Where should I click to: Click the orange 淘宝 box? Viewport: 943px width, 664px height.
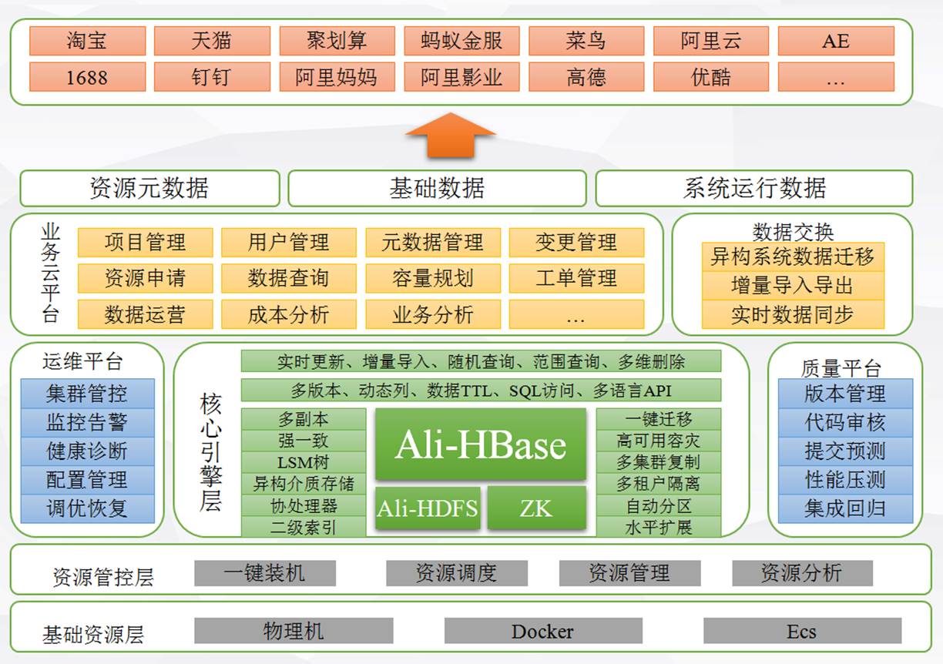coord(87,41)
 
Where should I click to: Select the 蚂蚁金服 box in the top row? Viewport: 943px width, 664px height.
coord(461,41)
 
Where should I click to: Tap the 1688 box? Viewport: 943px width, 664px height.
coord(87,77)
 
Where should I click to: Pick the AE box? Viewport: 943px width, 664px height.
coord(836,41)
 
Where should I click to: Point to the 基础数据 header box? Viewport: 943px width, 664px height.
coord(437,188)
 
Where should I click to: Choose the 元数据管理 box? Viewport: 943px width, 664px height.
coord(432,243)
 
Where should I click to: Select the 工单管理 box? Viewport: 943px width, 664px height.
coord(576,278)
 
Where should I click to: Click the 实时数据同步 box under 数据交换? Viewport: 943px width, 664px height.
coord(792,314)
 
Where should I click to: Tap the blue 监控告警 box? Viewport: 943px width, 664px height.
coord(87,422)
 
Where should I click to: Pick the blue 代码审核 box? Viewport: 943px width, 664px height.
coord(845,422)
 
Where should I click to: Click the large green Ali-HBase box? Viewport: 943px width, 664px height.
coord(481,444)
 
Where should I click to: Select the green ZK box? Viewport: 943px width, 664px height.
coord(536,508)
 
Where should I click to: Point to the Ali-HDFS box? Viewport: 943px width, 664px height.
coord(428,508)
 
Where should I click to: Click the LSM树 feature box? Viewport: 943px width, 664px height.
coord(304,462)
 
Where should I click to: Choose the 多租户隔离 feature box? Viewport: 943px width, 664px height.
coord(658,484)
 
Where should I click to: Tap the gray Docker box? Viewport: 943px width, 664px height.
coord(542,632)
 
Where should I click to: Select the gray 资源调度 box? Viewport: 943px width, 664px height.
coord(456,573)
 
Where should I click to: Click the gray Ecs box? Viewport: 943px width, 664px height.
coord(801,632)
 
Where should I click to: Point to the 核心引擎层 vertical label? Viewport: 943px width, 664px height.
coord(210,451)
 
